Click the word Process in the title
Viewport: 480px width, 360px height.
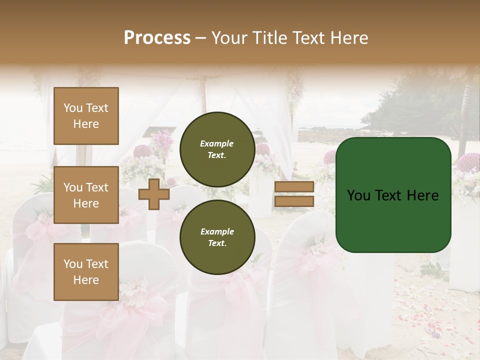[157, 38]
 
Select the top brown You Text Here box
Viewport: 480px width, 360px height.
[86, 116]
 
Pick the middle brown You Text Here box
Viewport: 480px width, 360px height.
[86, 195]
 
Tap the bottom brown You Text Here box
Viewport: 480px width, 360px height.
[86, 271]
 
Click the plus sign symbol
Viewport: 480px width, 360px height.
[154, 194]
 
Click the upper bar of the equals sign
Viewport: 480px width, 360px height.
[294, 186]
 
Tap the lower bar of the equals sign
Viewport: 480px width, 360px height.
[294, 201]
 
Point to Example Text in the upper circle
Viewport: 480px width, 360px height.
[216, 149]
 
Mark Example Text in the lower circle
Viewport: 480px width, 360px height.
[216, 237]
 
